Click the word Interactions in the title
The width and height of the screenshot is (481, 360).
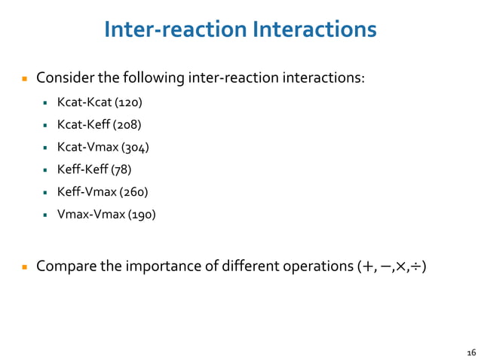(x=314, y=29)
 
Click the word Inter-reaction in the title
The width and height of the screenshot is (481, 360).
(x=174, y=29)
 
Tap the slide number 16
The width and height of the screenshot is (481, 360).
(x=472, y=352)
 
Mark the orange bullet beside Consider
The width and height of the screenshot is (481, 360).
(x=24, y=78)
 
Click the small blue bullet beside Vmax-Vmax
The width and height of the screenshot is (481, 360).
(x=47, y=215)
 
